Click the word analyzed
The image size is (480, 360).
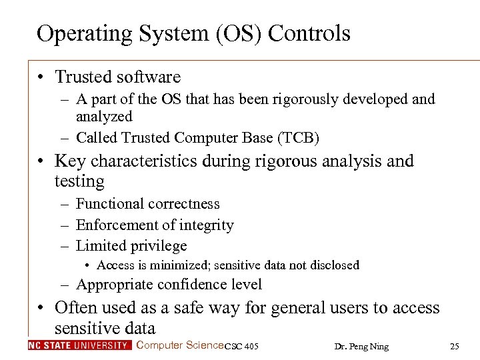105,117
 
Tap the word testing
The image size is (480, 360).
79,181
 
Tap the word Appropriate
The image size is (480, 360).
114,285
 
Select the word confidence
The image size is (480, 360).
191,285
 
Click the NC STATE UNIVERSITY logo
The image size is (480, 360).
79,345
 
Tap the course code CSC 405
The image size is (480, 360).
242,346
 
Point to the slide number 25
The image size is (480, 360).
455,346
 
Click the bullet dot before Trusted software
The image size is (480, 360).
41,78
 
